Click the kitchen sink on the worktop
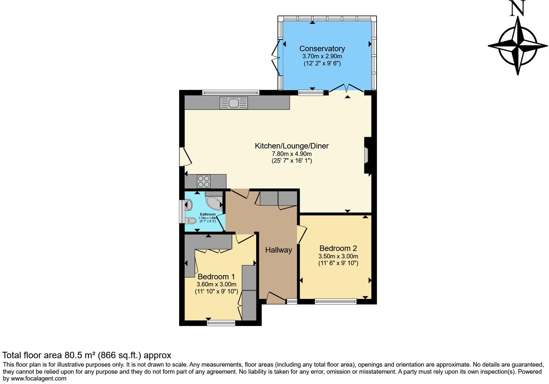234,103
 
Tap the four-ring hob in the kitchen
203,181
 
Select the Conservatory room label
322,49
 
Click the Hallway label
279,250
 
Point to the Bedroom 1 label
216,277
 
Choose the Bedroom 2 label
338,248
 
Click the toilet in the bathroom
191,221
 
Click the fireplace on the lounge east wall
367,156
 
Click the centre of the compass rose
518,46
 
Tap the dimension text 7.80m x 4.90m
292,154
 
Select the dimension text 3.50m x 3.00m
338,256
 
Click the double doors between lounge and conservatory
347,88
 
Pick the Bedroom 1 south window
221,323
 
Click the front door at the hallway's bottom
276,298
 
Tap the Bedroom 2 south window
336,302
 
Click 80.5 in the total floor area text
73,355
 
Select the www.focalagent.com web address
38,379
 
